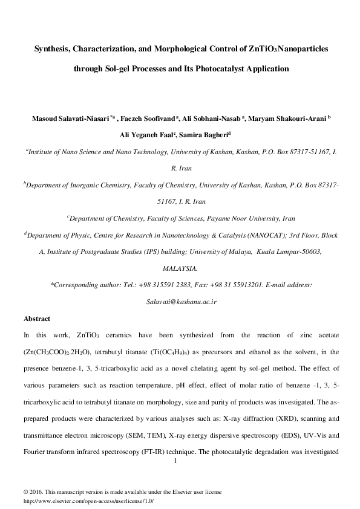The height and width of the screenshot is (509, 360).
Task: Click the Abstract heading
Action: pyautogui.click(x=36, y=318)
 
